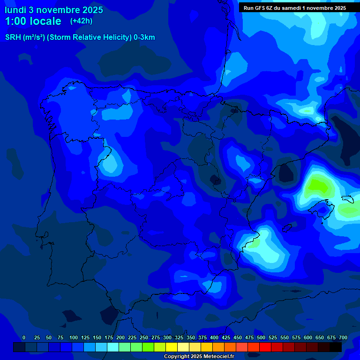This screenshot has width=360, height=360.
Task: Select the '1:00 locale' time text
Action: pyautogui.click(x=33, y=21)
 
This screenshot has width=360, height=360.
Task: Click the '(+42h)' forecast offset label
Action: pyautogui.click(x=81, y=21)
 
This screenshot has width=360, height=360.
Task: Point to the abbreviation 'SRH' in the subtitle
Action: pyautogui.click(x=13, y=37)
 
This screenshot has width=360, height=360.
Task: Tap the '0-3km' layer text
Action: pyautogui.click(x=144, y=37)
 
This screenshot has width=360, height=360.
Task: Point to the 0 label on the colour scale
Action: pyautogui.click(x=24, y=337)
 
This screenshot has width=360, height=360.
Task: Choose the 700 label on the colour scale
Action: pyautogui.click(x=343, y=337)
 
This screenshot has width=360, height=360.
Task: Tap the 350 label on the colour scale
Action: pyautogui.click(x=191, y=337)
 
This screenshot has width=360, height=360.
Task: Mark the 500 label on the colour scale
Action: pyautogui.click(x=261, y=337)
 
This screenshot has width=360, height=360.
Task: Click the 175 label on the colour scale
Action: pyautogui.click(x=109, y=337)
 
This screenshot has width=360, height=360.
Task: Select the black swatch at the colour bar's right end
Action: pyautogui.click(x=336, y=347)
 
